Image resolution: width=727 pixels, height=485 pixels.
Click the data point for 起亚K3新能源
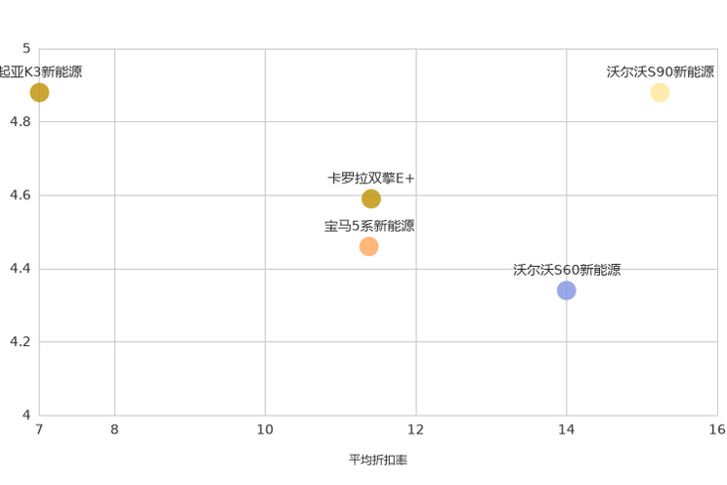point(39,92)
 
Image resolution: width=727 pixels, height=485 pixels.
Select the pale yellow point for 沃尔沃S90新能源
point(660,92)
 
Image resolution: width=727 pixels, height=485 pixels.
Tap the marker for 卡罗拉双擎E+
point(371,198)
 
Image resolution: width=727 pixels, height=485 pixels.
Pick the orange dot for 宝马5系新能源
point(369,246)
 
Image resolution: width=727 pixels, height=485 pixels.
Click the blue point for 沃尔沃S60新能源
point(567,290)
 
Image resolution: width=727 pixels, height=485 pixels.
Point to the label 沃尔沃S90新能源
point(661,71)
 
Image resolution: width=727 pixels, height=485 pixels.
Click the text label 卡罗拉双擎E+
point(371,178)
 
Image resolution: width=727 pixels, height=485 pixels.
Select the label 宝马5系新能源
point(369,226)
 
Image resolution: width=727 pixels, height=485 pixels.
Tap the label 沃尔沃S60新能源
point(567,270)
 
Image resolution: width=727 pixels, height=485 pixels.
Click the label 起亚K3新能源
point(40,71)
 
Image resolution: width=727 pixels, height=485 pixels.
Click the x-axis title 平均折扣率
point(378,460)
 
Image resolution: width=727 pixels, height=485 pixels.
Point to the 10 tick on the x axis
point(265,429)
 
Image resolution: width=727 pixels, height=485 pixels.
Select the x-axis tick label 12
point(416,429)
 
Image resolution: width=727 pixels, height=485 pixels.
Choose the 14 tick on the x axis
point(566,429)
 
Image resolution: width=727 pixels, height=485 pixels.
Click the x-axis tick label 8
point(114,429)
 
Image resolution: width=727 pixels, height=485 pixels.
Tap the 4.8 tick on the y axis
point(21,121)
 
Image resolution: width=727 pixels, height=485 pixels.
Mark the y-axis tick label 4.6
point(21,195)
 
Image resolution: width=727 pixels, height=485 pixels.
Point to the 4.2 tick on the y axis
point(21,341)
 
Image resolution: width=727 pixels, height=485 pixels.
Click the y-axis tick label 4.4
point(21,268)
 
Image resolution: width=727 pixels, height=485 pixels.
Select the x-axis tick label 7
point(39,429)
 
